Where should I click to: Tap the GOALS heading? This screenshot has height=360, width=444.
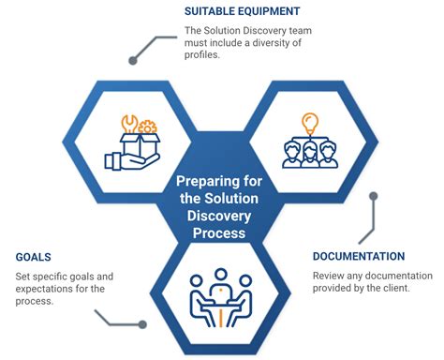(35, 255)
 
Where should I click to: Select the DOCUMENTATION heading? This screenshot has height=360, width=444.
(359, 256)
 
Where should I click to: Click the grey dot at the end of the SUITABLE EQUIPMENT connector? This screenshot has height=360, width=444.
(133, 61)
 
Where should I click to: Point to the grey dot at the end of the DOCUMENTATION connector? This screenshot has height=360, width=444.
(374, 197)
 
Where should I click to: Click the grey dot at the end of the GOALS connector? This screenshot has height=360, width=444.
(142, 324)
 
